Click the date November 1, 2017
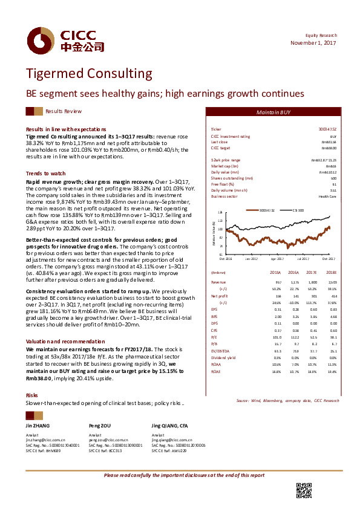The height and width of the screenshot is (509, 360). pyautogui.click(x=313, y=43)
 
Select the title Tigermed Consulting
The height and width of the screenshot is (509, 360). pyautogui.click(x=88, y=74)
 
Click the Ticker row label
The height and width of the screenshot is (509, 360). pyautogui.click(x=216, y=130)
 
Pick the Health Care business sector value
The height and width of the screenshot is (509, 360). pyautogui.click(x=328, y=196)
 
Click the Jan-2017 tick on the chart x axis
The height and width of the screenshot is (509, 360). pyautogui.click(x=252, y=258)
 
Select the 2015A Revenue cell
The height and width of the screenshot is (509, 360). pyautogui.click(x=278, y=282)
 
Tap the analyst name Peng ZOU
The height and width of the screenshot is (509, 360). pyautogui.click(x=99, y=426)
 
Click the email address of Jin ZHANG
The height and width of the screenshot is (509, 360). pyautogui.click(x=45, y=440)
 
